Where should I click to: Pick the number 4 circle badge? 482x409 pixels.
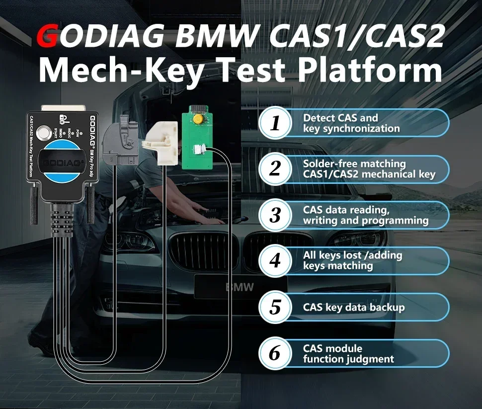pos(275,261)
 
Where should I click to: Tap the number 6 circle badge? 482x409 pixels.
pos(275,353)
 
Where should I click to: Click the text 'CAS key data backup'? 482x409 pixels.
pos(354,307)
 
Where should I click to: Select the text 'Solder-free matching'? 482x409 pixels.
pos(354,164)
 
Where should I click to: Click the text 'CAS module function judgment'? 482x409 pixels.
pos(348,353)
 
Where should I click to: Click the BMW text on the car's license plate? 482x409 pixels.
pos(240,287)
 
